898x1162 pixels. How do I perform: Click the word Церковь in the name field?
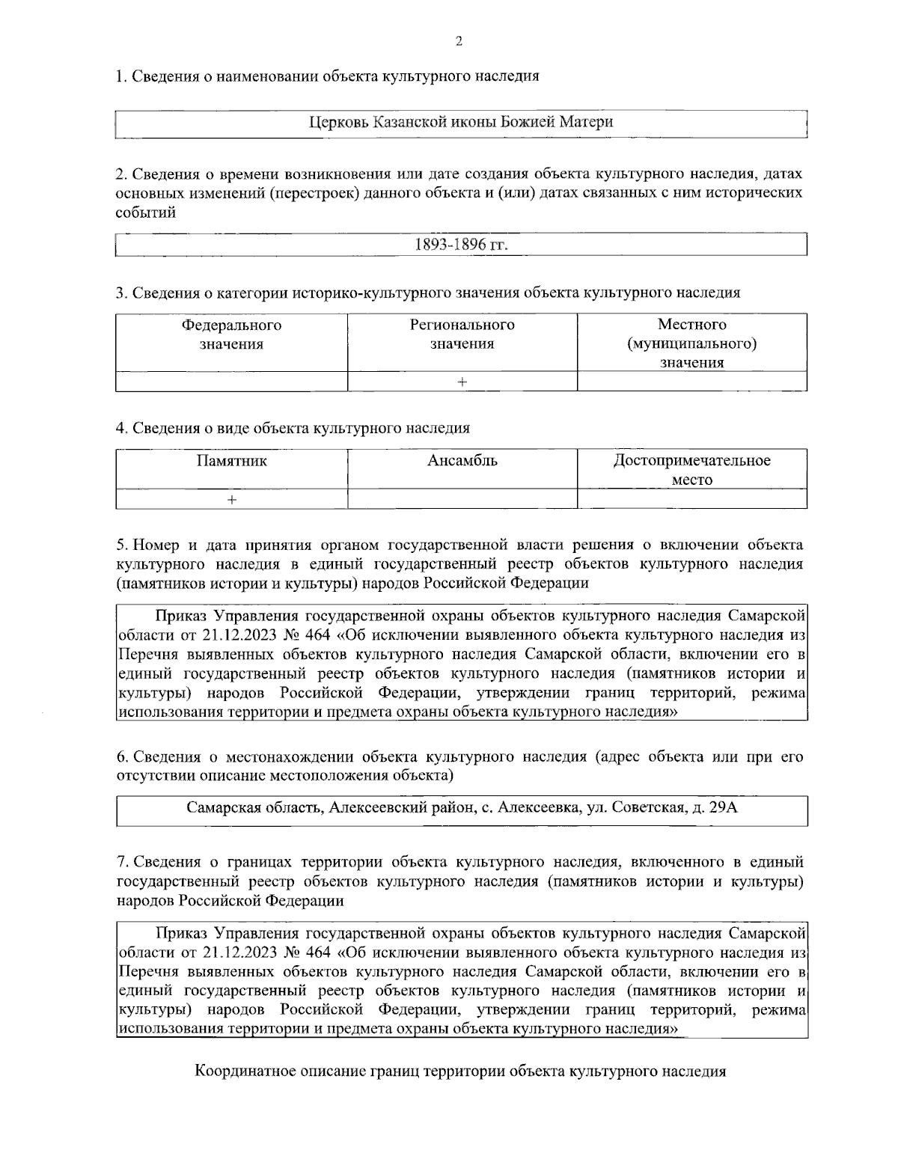(339, 122)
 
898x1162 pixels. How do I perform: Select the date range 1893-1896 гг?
(461, 245)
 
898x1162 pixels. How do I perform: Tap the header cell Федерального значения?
(231, 334)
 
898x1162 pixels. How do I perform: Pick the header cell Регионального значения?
(462, 334)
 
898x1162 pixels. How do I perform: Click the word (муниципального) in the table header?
(691, 344)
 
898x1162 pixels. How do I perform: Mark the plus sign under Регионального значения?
(462, 382)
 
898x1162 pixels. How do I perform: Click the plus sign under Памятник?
(232, 499)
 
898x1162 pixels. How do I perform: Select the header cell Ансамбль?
(462, 461)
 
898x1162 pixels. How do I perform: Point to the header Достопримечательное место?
(691, 470)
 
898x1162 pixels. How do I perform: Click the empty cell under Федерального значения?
(231, 382)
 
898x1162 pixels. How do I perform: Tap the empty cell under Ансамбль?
(462, 499)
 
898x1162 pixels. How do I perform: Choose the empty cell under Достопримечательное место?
(691, 499)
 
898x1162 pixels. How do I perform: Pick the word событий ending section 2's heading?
(146, 212)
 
